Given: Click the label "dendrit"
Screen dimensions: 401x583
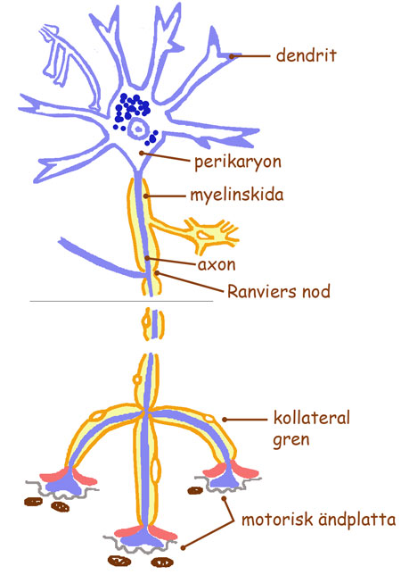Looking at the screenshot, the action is pos(307,55).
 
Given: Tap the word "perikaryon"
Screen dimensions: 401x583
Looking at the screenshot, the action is pos(238,162).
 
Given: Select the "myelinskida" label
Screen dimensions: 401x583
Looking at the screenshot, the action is pos(237,196).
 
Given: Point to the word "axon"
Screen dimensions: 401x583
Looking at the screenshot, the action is pos(217,265).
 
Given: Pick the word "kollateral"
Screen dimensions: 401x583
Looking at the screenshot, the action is pos(312,418).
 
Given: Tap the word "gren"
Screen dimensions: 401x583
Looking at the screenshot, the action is pos(291,440).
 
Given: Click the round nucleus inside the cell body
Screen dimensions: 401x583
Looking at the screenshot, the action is pos(137,129).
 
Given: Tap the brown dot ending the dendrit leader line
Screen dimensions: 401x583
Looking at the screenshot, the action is pos(231,56).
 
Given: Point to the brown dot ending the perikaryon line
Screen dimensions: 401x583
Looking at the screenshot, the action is pos(142,153).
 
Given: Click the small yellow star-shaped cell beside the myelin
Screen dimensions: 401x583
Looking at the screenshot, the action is pos(209,233).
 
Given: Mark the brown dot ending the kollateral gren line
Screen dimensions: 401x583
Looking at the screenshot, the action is pos(225,420).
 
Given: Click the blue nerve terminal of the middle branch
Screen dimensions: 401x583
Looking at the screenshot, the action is pos(146,538).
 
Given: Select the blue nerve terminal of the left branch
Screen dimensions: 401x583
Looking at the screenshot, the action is pos(66,482).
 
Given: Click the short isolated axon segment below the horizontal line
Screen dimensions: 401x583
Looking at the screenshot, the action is pos(153,323).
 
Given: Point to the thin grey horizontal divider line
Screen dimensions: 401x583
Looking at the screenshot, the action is pos(122,301).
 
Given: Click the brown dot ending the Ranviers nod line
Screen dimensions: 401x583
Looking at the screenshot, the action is pos(158,273).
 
